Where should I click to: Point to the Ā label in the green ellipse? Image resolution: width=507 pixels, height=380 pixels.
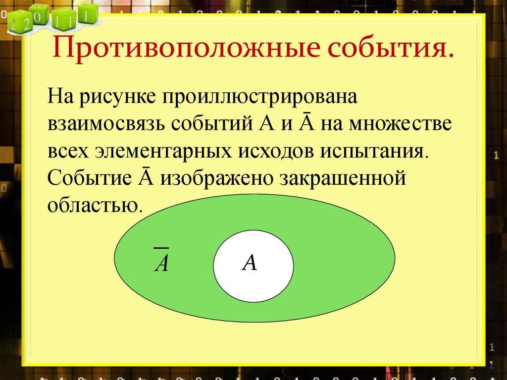click(x=161, y=260)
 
